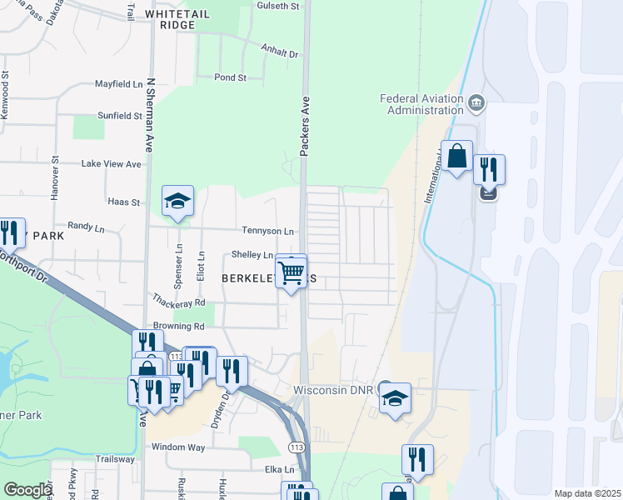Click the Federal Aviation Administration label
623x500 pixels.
[x=421, y=104]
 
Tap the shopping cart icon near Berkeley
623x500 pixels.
[x=291, y=272]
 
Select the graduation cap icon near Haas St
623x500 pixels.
[x=177, y=202]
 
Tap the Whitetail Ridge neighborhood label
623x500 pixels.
[x=181, y=19]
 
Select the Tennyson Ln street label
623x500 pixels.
[x=268, y=231]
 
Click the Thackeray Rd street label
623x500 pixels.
[x=178, y=300]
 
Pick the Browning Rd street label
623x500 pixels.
[x=178, y=326]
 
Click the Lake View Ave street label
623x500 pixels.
[x=111, y=164]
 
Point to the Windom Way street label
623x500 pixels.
[x=178, y=447]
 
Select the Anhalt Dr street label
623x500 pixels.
[x=279, y=52]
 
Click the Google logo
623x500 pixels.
[x=27, y=490]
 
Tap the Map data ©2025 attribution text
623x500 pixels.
[x=587, y=493]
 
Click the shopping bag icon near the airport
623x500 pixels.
[x=457, y=156]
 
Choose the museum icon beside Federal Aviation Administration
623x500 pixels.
[x=476, y=103]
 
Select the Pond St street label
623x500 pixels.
[x=231, y=77]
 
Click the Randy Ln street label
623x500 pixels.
[x=86, y=227]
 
